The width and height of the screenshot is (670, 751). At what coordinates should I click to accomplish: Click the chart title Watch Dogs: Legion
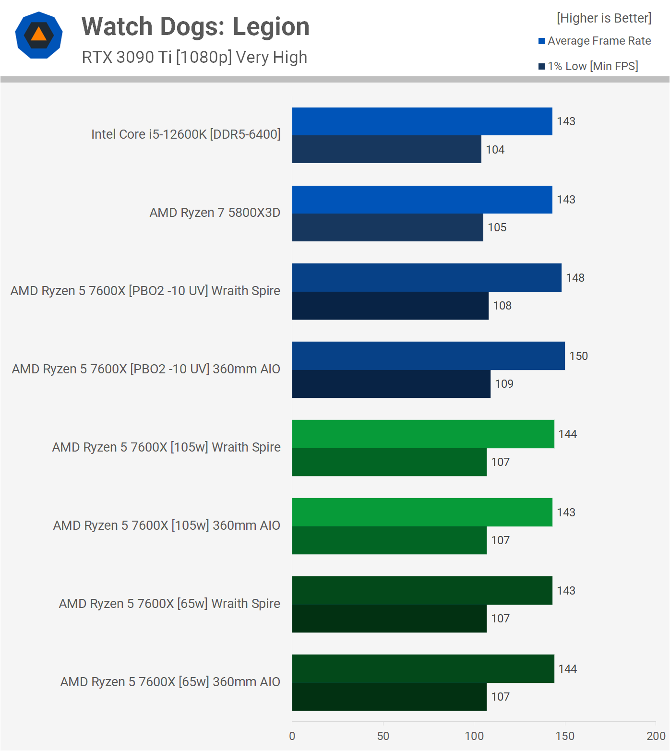point(195,26)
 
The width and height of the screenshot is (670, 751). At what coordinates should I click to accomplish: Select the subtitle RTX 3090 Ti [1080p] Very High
point(194,57)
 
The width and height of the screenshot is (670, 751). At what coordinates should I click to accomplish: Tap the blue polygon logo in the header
point(39,35)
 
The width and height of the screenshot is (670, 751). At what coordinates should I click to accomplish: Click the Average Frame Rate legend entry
point(599,41)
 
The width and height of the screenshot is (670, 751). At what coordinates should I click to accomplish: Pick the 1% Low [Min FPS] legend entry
point(592,66)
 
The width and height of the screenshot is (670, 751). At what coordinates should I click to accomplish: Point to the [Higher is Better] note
point(604,18)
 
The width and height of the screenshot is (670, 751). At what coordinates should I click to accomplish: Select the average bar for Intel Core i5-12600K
point(422,121)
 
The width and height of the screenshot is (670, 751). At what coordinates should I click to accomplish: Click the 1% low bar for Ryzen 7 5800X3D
point(387,227)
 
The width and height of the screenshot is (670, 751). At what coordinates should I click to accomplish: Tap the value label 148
point(575,278)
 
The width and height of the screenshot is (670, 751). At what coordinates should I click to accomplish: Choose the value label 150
point(578,356)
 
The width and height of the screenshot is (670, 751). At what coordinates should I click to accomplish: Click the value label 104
point(495,150)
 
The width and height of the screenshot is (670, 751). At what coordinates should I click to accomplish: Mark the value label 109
point(504,384)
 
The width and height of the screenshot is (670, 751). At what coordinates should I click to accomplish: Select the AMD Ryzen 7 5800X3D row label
point(215,213)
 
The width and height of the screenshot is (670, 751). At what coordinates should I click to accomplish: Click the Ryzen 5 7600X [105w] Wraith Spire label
point(166,447)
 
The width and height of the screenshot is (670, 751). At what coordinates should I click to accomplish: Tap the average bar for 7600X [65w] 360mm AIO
point(423,668)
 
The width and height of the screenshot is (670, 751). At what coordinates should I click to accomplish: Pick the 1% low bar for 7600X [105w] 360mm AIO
point(389,540)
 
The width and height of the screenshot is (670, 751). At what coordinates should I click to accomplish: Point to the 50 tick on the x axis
point(383,736)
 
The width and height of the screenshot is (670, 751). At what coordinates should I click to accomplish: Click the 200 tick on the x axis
point(656,736)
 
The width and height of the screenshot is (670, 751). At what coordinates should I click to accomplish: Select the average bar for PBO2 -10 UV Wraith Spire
point(427,278)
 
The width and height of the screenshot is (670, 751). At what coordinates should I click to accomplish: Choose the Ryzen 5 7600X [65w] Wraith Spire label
point(169,604)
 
